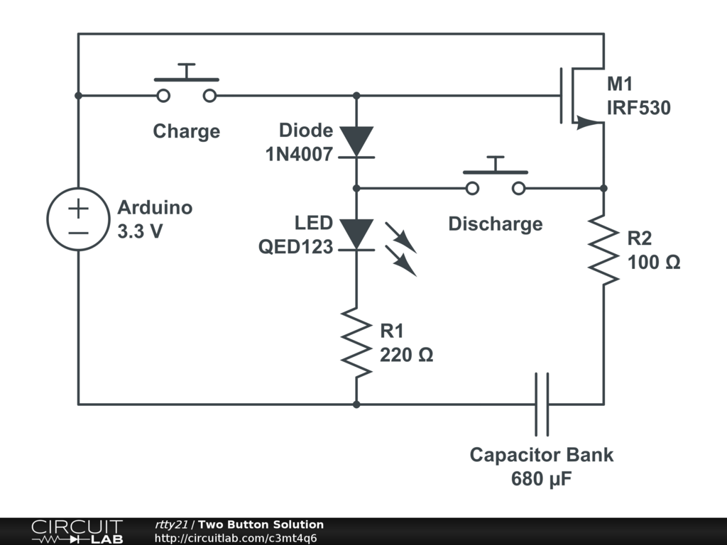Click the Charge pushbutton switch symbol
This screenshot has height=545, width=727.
(x=187, y=85)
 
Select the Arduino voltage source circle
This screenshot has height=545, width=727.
(x=78, y=219)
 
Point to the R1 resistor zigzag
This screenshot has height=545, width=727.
(x=356, y=342)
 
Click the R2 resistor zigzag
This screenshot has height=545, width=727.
(x=603, y=250)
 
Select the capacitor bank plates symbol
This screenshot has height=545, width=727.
(x=542, y=404)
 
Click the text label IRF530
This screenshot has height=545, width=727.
(x=638, y=109)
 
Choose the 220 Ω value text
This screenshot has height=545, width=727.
(x=406, y=355)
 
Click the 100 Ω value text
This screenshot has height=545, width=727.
(x=654, y=263)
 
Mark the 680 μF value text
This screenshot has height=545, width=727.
(x=542, y=480)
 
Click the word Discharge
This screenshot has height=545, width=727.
(x=496, y=224)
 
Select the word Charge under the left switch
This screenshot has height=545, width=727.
(x=187, y=131)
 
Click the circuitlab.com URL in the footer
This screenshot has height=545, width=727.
(x=235, y=538)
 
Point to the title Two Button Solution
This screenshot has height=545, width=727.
(x=261, y=524)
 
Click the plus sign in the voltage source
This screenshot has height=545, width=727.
(x=78, y=209)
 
